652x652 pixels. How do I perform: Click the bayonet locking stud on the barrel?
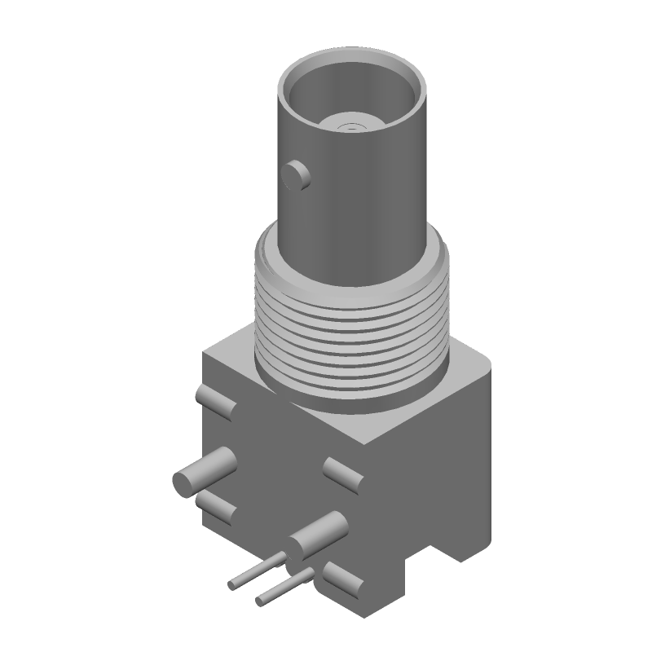[295, 175]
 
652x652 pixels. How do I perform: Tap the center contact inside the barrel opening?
[351, 125]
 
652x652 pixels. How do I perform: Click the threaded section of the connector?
[350, 326]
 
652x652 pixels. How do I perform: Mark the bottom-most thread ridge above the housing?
[350, 383]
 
